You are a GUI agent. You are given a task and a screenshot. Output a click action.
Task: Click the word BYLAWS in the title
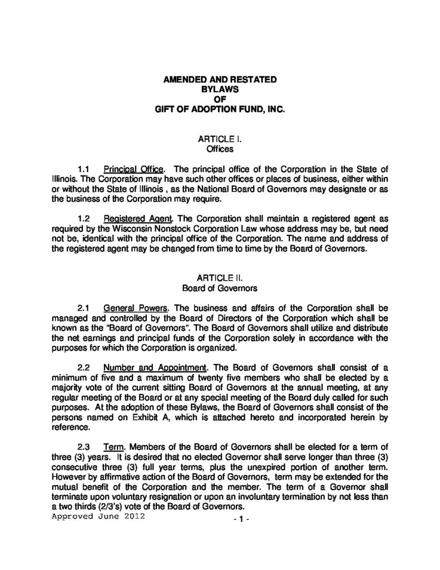point(219,90)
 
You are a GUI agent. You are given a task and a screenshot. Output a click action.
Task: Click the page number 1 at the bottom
point(239,519)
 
